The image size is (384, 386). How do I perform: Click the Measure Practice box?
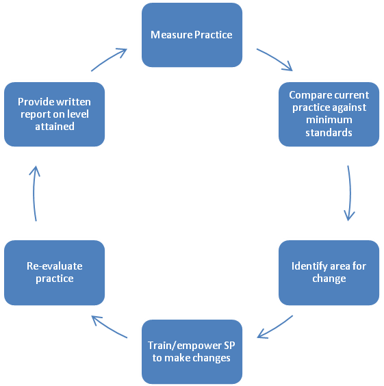[192, 35]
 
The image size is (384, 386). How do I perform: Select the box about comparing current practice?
[329, 114]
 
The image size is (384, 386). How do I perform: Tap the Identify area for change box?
[329, 273]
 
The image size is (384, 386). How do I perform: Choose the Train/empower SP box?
[192, 352]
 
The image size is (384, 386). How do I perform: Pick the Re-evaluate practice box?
[54, 273]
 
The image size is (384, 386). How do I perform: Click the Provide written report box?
[54, 114]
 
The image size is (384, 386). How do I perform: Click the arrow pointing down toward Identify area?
[350, 193]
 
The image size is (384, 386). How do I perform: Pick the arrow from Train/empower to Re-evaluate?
[109, 327]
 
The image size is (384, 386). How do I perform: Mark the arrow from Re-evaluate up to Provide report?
[34, 193]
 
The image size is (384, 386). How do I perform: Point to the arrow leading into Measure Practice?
[109, 59]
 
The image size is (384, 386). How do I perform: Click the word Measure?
[171, 35]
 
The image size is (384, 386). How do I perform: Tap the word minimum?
[329, 120]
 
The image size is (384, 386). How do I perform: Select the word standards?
[329, 133]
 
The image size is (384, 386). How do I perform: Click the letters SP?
[229, 346]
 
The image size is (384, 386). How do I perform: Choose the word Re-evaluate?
[55, 266]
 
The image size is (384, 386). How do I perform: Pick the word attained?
[55, 127]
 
